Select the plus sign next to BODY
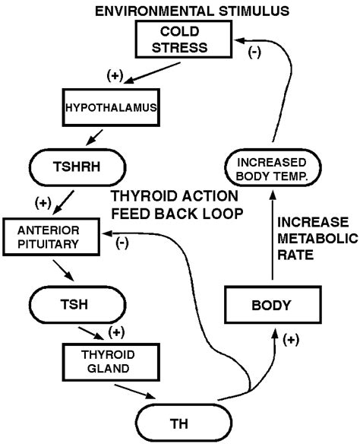tap(290, 341)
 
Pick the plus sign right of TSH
tap(116, 331)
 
